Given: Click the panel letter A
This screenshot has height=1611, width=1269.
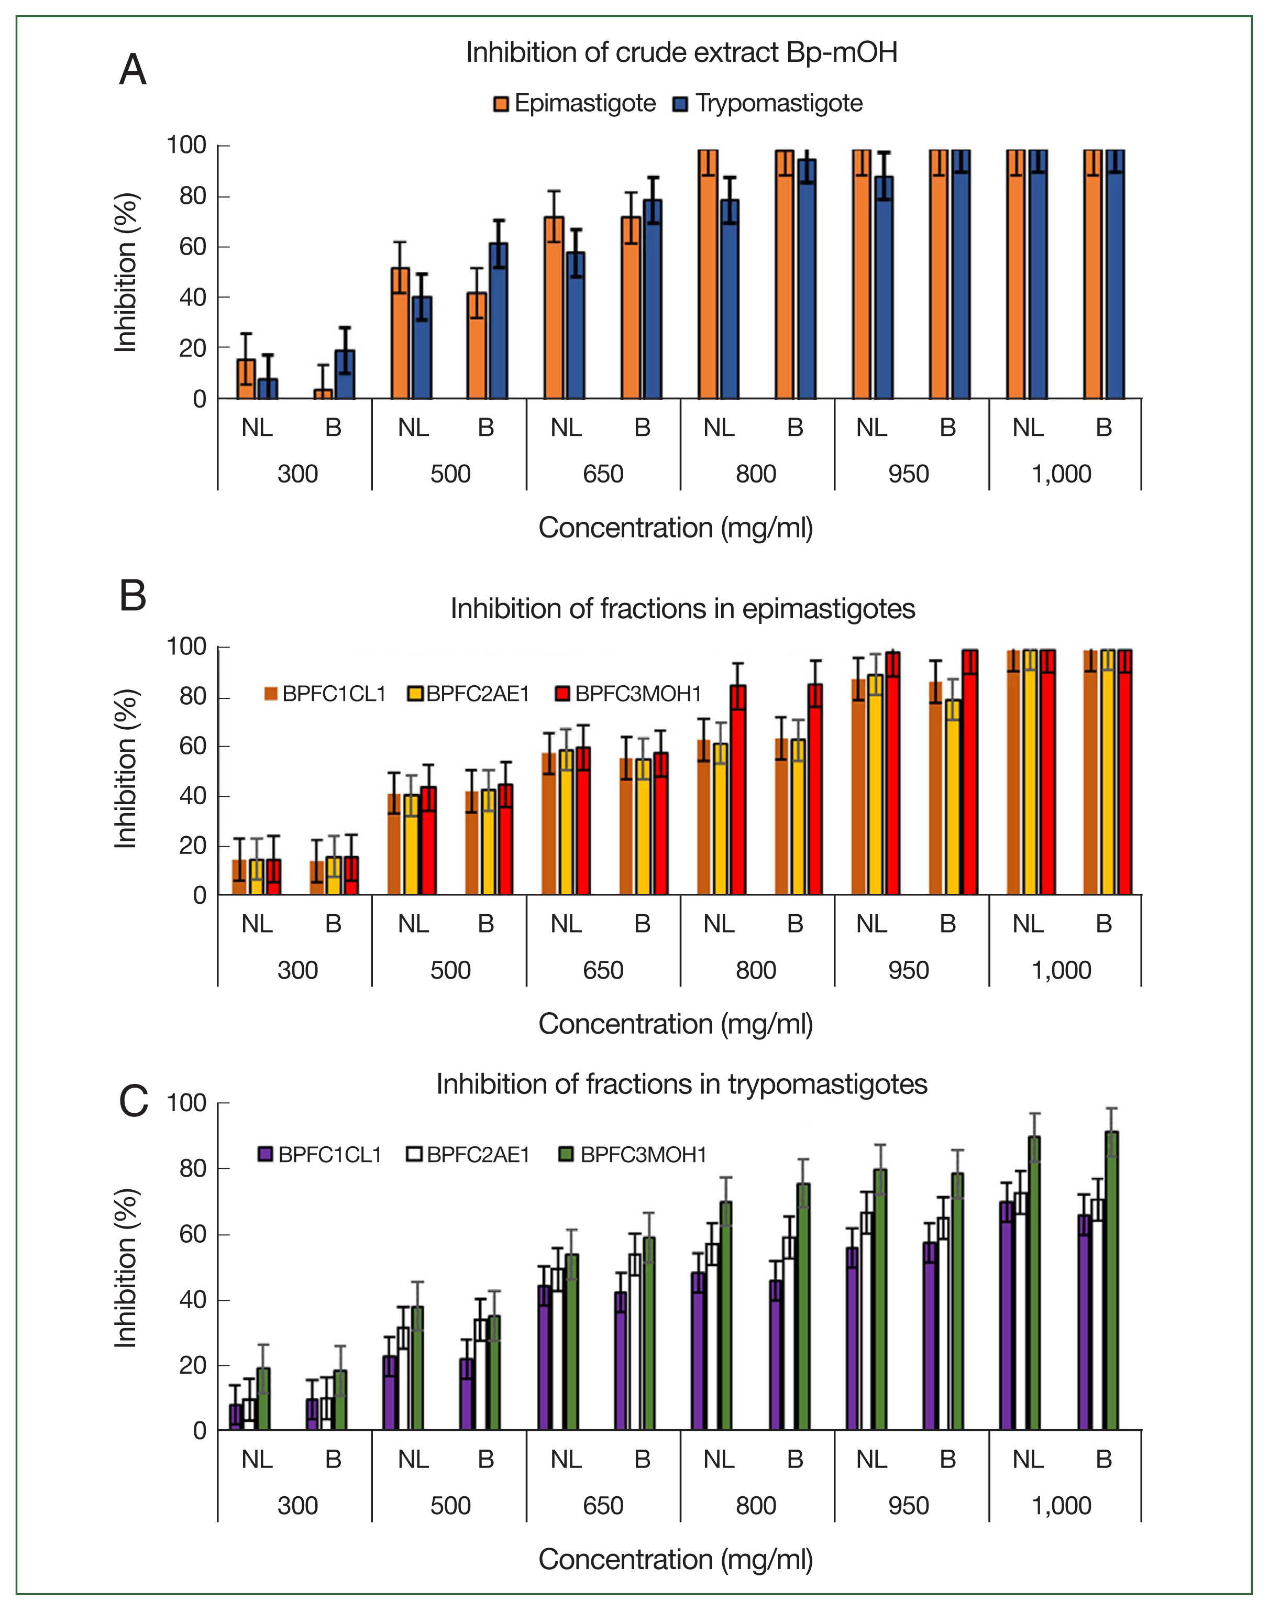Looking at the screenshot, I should click(x=133, y=71).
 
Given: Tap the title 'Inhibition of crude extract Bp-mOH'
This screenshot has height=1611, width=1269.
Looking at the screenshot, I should click(x=681, y=53).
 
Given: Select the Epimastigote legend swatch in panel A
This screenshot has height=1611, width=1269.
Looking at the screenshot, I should click(x=501, y=104).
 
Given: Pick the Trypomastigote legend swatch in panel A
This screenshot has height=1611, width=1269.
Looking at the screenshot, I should click(x=680, y=104).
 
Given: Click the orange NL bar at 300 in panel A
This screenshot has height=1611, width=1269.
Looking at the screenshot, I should click(x=246, y=379).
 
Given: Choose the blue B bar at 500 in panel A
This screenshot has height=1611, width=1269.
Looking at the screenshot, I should click(x=498, y=321).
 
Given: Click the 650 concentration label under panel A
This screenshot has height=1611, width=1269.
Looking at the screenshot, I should click(x=602, y=474).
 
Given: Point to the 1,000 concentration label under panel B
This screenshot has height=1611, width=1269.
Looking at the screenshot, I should click(x=1061, y=970).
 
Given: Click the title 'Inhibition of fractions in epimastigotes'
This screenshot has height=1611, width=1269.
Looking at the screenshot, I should click(x=682, y=609).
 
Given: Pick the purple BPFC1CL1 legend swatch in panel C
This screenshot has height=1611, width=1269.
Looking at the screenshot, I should click(x=265, y=1154).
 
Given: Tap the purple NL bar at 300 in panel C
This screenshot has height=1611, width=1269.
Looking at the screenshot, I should click(x=236, y=1417).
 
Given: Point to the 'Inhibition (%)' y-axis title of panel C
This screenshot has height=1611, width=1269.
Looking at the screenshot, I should click(x=126, y=1268).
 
